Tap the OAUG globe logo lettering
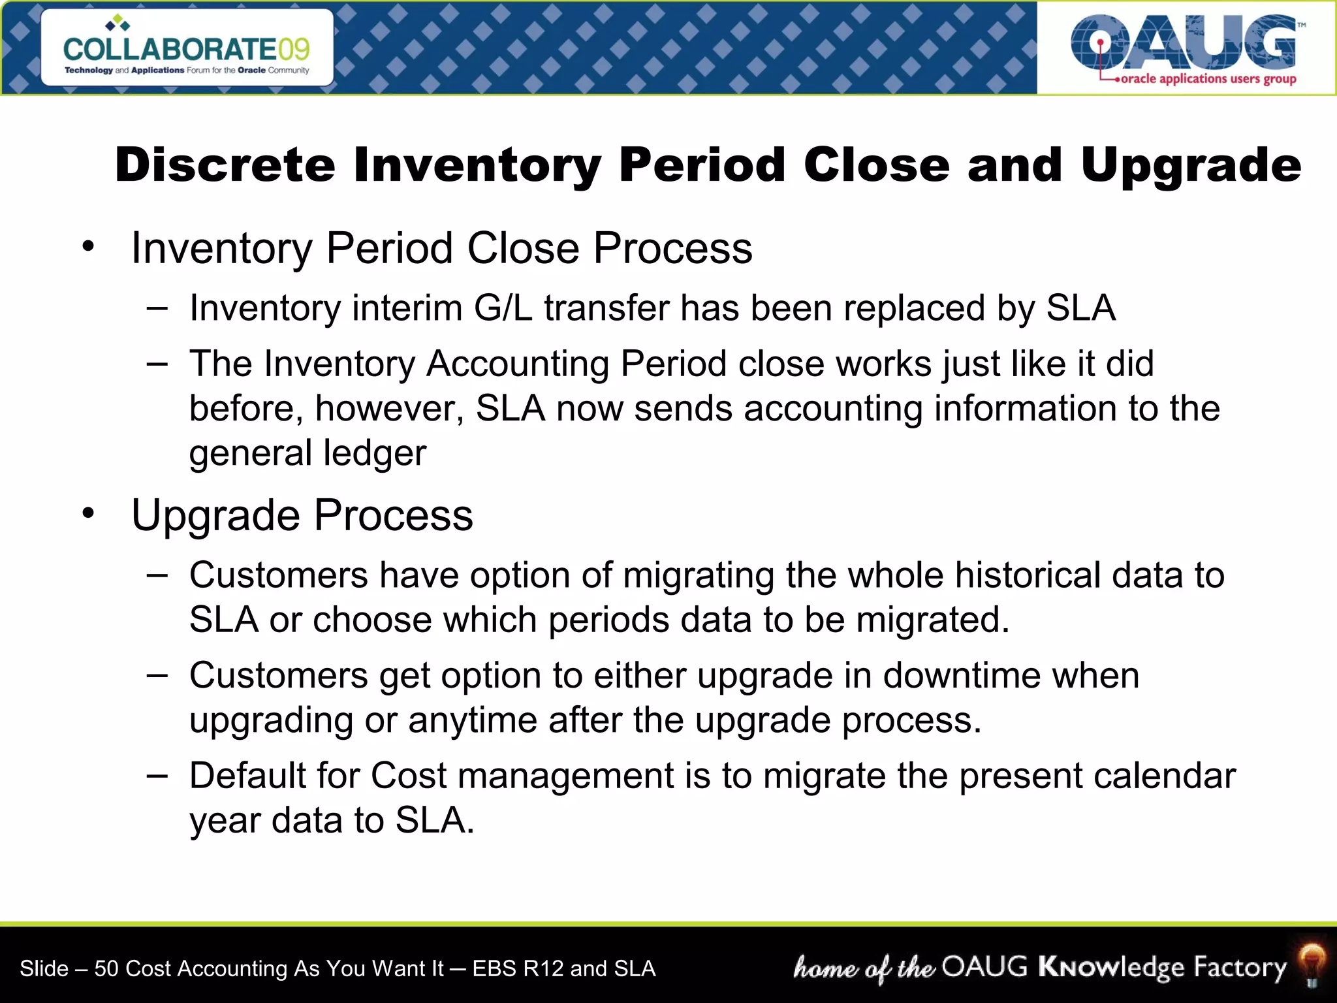(x=1184, y=42)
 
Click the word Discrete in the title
(x=225, y=165)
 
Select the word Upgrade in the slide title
(x=1190, y=166)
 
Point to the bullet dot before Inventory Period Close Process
(x=89, y=247)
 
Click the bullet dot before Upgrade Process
(x=89, y=515)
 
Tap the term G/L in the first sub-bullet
(x=503, y=308)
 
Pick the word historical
(x=1028, y=575)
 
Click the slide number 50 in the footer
(x=106, y=968)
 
